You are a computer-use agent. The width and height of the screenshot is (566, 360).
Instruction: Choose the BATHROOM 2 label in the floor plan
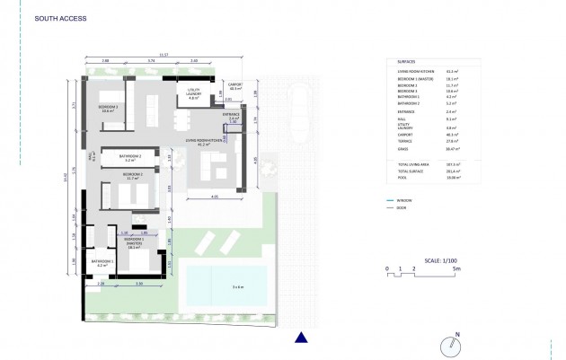(130, 157)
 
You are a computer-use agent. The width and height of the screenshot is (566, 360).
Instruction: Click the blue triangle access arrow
(302, 338)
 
